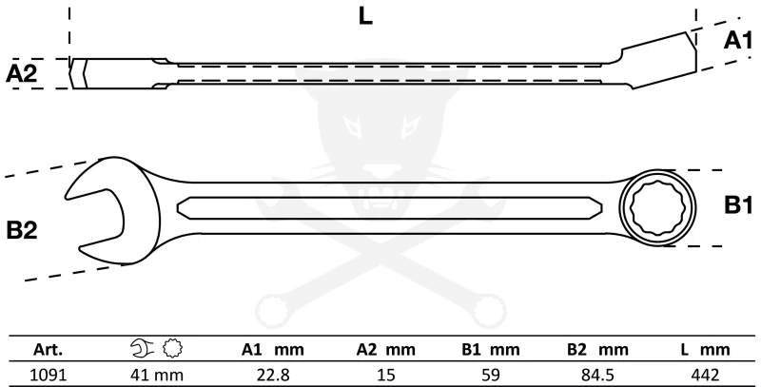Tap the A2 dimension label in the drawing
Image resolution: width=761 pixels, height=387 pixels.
click(x=22, y=73)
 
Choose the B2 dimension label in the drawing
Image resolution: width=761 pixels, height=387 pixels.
click(x=21, y=230)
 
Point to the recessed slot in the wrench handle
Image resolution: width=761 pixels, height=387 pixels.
click(x=390, y=206)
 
